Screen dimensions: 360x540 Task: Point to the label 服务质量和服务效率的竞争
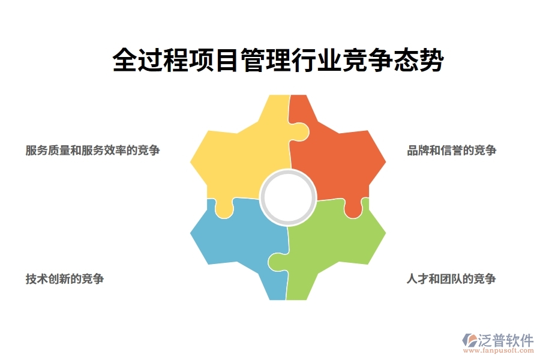(92, 151)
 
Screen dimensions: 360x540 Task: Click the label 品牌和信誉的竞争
(451, 151)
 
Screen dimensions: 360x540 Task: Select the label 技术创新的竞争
(65, 279)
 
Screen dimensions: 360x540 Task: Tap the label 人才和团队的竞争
(451, 279)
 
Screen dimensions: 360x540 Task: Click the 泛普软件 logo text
(505, 340)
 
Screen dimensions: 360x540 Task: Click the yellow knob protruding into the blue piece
(224, 209)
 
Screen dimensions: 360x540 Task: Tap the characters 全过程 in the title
(144, 61)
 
